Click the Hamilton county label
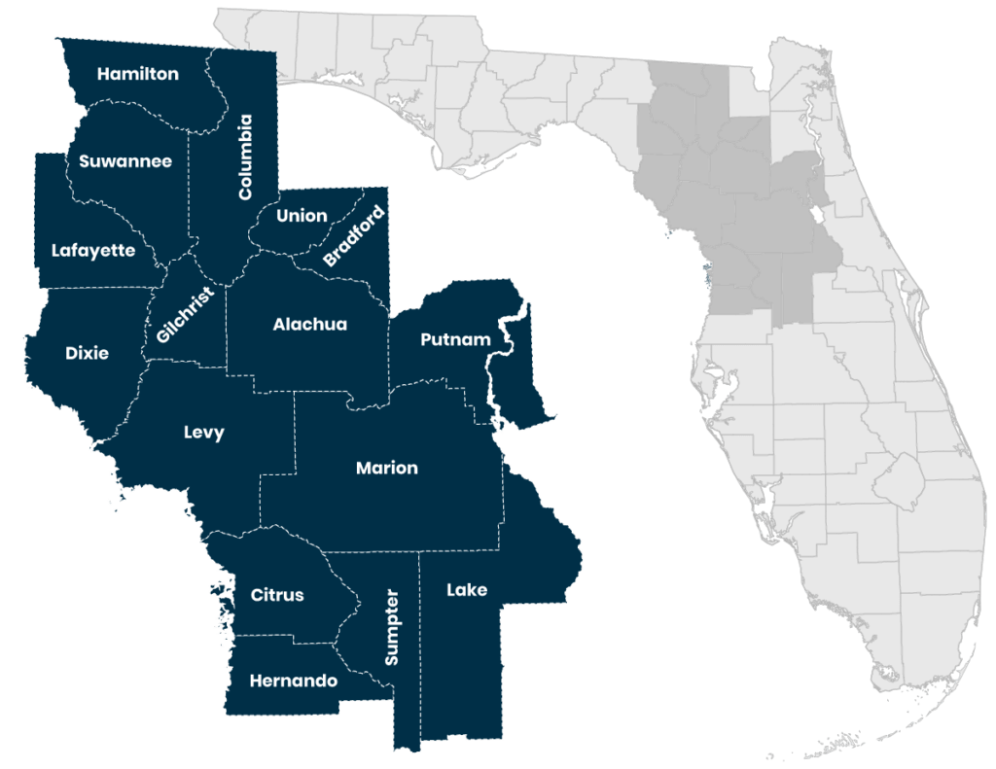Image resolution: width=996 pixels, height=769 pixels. tap(138, 74)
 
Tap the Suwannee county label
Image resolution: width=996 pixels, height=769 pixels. tap(125, 161)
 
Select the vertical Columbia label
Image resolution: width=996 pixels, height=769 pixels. tap(245, 157)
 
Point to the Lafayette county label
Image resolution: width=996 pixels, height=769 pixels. tap(93, 250)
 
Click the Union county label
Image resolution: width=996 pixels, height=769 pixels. tap(302, 215)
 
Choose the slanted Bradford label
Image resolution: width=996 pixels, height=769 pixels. tap(354, 237)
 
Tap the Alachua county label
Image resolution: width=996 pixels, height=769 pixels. tap(309, 324)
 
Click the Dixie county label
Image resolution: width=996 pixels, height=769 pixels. tap(88, 352)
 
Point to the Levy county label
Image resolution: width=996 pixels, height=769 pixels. tap(204, 433)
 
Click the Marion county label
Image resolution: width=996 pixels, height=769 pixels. tap(386, 468)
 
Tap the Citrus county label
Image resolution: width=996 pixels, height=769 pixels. tap(277, 595)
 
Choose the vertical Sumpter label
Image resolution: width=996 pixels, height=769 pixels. tap(392, 626)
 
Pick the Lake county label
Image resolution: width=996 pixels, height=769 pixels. tap(467, 589)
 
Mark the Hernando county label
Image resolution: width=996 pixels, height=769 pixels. tap(293, 681)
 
